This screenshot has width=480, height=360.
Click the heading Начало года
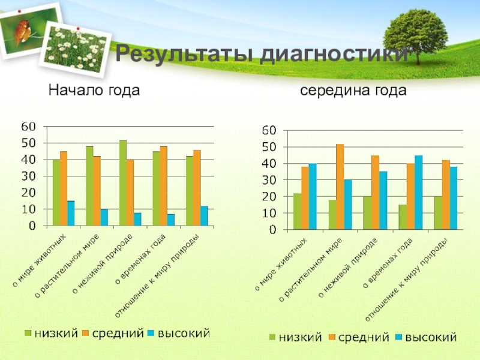[94, 91]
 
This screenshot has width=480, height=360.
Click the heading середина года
[353, 91]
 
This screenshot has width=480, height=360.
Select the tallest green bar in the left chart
[123, 182]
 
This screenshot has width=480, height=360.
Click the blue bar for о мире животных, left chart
[71, 213]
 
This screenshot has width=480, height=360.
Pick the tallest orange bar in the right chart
[340, 187]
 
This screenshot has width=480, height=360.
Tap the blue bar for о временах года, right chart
[418, 192]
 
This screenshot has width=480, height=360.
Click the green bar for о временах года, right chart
[403, 217]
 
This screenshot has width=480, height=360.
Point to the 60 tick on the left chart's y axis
[29, 127]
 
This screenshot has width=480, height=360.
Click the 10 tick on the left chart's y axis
[29, 209]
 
